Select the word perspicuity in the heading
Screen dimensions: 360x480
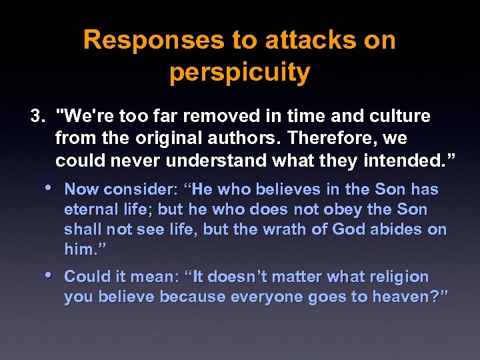click(x=239, y=73)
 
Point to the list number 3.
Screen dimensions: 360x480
click(x=36, y=117)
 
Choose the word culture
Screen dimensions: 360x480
click(x=397, y=117)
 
